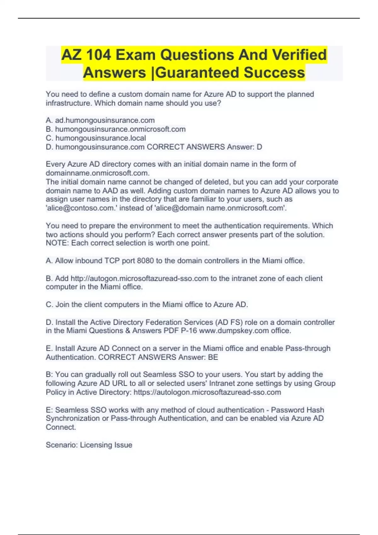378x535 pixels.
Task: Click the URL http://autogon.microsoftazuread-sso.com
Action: [x=140, y=278]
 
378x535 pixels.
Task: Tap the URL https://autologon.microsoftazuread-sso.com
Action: [x=207, y=392]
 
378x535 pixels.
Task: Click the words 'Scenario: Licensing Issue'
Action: [x=89, y=445]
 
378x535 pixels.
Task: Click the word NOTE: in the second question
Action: [x=57, y=243]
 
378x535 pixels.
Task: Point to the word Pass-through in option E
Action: [x=308, y=348]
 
